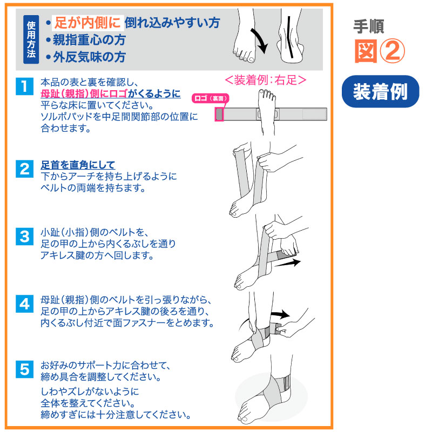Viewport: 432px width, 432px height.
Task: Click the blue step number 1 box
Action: click(24, 86)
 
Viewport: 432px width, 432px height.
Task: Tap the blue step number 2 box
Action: click(24, 168)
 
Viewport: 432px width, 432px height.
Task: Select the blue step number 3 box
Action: click(24, 237)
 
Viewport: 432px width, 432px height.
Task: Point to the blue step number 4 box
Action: click(24, 304)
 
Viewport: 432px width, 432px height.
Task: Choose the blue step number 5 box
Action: click(24, 369)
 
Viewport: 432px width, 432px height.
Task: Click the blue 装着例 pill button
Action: click(380, 91)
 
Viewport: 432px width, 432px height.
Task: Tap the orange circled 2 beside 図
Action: click(393, 51)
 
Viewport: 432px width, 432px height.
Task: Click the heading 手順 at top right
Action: click(369, 26)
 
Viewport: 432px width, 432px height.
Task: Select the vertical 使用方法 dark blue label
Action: click(31, 39)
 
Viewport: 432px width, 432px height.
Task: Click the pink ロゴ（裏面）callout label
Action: click(211, 98)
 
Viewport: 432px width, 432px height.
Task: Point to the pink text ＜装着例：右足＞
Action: click(266, 80)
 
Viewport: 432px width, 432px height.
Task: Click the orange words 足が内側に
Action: click(87, 23)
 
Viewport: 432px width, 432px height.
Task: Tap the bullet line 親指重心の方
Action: click(86, 40)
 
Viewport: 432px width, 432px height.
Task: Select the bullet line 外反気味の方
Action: click(86, 57)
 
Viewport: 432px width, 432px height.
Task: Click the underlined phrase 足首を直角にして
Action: click(78, 165)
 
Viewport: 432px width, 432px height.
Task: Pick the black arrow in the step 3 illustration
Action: click(287, 263)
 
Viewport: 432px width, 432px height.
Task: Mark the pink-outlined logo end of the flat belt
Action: click(219, 114)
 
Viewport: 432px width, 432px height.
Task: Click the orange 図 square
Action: click(366, 51)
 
